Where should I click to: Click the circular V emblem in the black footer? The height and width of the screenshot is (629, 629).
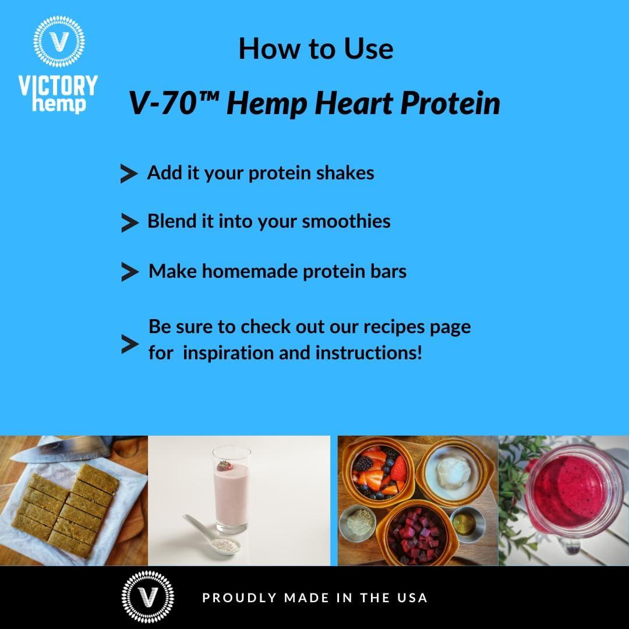pos(147,598)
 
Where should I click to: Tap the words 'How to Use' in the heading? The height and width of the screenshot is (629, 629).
pos(316,48)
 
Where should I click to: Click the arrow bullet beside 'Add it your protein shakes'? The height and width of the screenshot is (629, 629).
pos(128,174)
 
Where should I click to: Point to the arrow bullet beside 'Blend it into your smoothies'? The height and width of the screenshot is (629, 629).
pos(129,222)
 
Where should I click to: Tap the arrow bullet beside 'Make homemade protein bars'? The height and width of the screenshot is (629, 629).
pos(129,272)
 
